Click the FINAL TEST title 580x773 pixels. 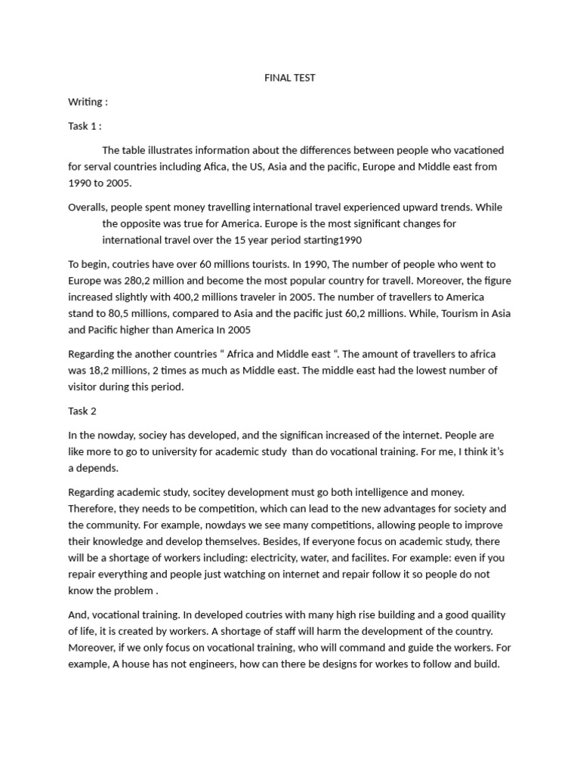pyautogui.click(x=290, y=78)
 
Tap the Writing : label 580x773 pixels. pyautogui.click(x=88, y=102)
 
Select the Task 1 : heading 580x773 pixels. pyautogui.click(x=85, y=126)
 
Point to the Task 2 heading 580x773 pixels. pyautogui.click(x=82, y=411)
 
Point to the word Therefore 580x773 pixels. pyautogui.click(x=93, y=509)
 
